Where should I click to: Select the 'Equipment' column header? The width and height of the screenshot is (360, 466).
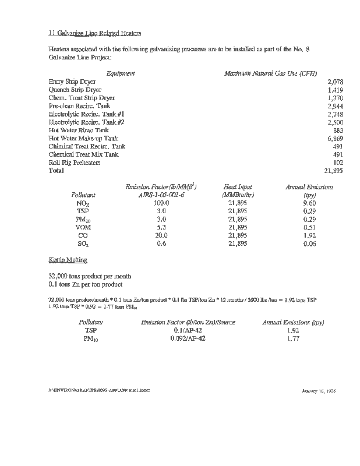coord(121,73)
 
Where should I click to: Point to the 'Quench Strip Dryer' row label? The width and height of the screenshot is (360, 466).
coord(75,90)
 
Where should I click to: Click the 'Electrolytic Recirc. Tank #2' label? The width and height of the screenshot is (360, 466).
coord(87,122)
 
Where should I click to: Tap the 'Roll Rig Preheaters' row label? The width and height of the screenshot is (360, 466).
coord(75,163)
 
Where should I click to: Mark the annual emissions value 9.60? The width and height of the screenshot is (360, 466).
coord(309,203)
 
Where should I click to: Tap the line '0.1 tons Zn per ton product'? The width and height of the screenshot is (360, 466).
coord(86,284)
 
